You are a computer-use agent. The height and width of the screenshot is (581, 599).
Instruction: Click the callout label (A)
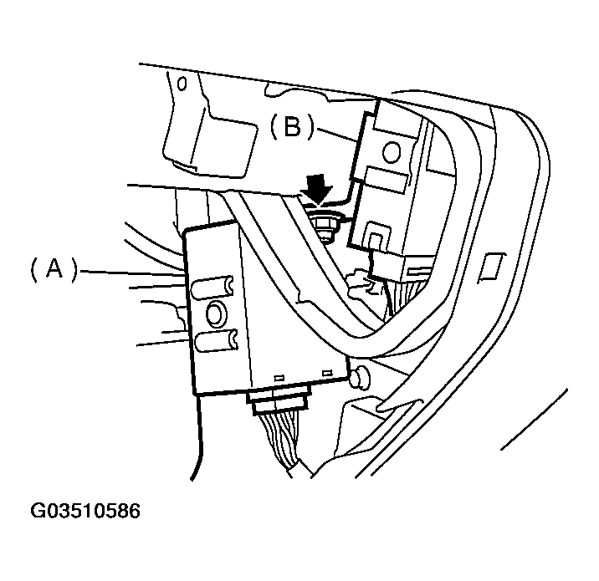tap(53, 269)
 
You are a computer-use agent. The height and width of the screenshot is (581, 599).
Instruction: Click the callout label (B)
tap(292, 126)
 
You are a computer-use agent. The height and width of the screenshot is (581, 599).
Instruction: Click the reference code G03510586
tap(86, 510)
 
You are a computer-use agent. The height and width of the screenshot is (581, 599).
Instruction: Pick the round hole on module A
tap(214, 313)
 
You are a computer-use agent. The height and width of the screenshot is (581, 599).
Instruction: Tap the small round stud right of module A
tap(360, 378)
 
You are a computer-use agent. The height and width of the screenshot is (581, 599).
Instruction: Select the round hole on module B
tap(391, 150)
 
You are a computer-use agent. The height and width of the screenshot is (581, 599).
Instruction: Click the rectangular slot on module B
tap(387, 178)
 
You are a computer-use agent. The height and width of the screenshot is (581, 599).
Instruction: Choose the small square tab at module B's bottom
tap(376, 242)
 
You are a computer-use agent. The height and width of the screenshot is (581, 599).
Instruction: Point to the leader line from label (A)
tap(134, 271)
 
